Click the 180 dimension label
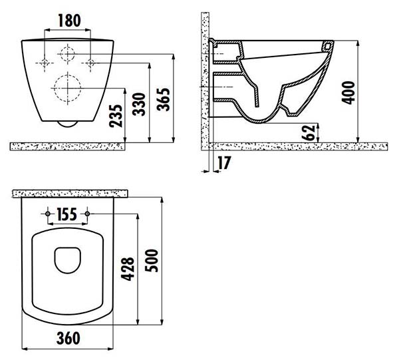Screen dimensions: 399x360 click(69, 21)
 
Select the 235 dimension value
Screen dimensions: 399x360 click(116, 116)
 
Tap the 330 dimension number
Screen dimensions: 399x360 click(139, 104)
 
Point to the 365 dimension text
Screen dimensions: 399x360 click(163, 100)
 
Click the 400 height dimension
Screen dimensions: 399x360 click(348, 92)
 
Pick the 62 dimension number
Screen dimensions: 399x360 click(309, 133)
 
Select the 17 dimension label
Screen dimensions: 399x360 click(224, 163)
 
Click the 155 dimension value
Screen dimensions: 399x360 click(66, 214)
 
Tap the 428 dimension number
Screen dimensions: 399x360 click(128, 269)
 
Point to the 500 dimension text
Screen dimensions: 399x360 click(152, 260)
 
